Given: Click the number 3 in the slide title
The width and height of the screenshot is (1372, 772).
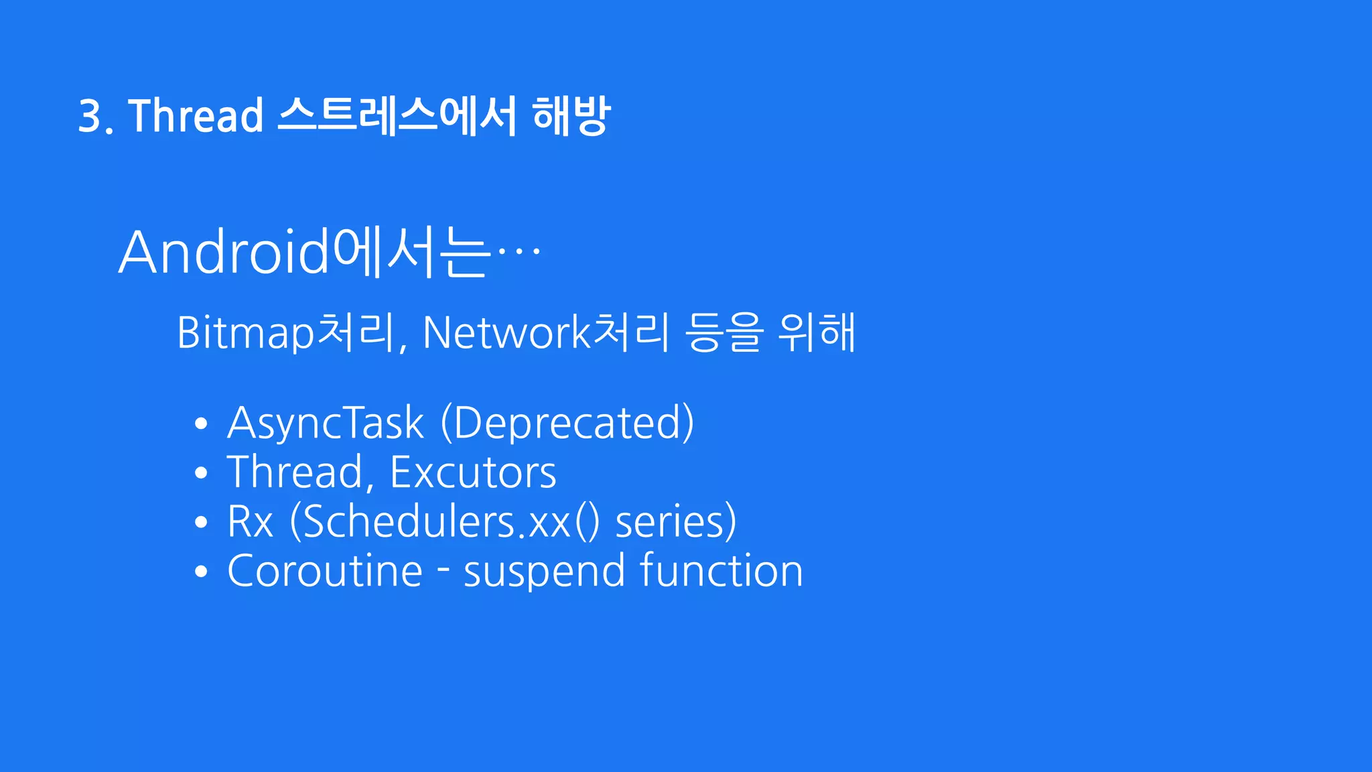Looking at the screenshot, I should [x=90, y=116].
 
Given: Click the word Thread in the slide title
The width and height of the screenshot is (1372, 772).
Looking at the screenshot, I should [x=196, y=116].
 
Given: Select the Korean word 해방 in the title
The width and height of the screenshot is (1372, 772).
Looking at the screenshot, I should [x=571, y=116].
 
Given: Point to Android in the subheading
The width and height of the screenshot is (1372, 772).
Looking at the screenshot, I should [x=224, y=253].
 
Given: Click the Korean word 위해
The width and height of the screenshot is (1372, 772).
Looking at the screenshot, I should [x=817, y=332].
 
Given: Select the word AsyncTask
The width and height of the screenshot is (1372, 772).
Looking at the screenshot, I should [x=326, y=423].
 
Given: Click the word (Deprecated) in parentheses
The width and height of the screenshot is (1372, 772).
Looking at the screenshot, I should [x=567, y=423].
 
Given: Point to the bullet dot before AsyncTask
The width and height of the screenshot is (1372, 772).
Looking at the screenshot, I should [x=201, y=424].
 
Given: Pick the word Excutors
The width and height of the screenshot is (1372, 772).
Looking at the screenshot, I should [x=473, y=472].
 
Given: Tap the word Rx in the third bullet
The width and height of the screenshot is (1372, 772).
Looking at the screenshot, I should [x=251, y=522].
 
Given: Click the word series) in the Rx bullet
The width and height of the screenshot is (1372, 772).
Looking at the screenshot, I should [x=675, y=522].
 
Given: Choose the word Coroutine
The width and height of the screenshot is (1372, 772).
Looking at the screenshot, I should [x=325, y=571].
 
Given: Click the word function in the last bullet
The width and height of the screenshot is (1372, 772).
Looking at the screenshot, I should [x=721, y=571].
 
